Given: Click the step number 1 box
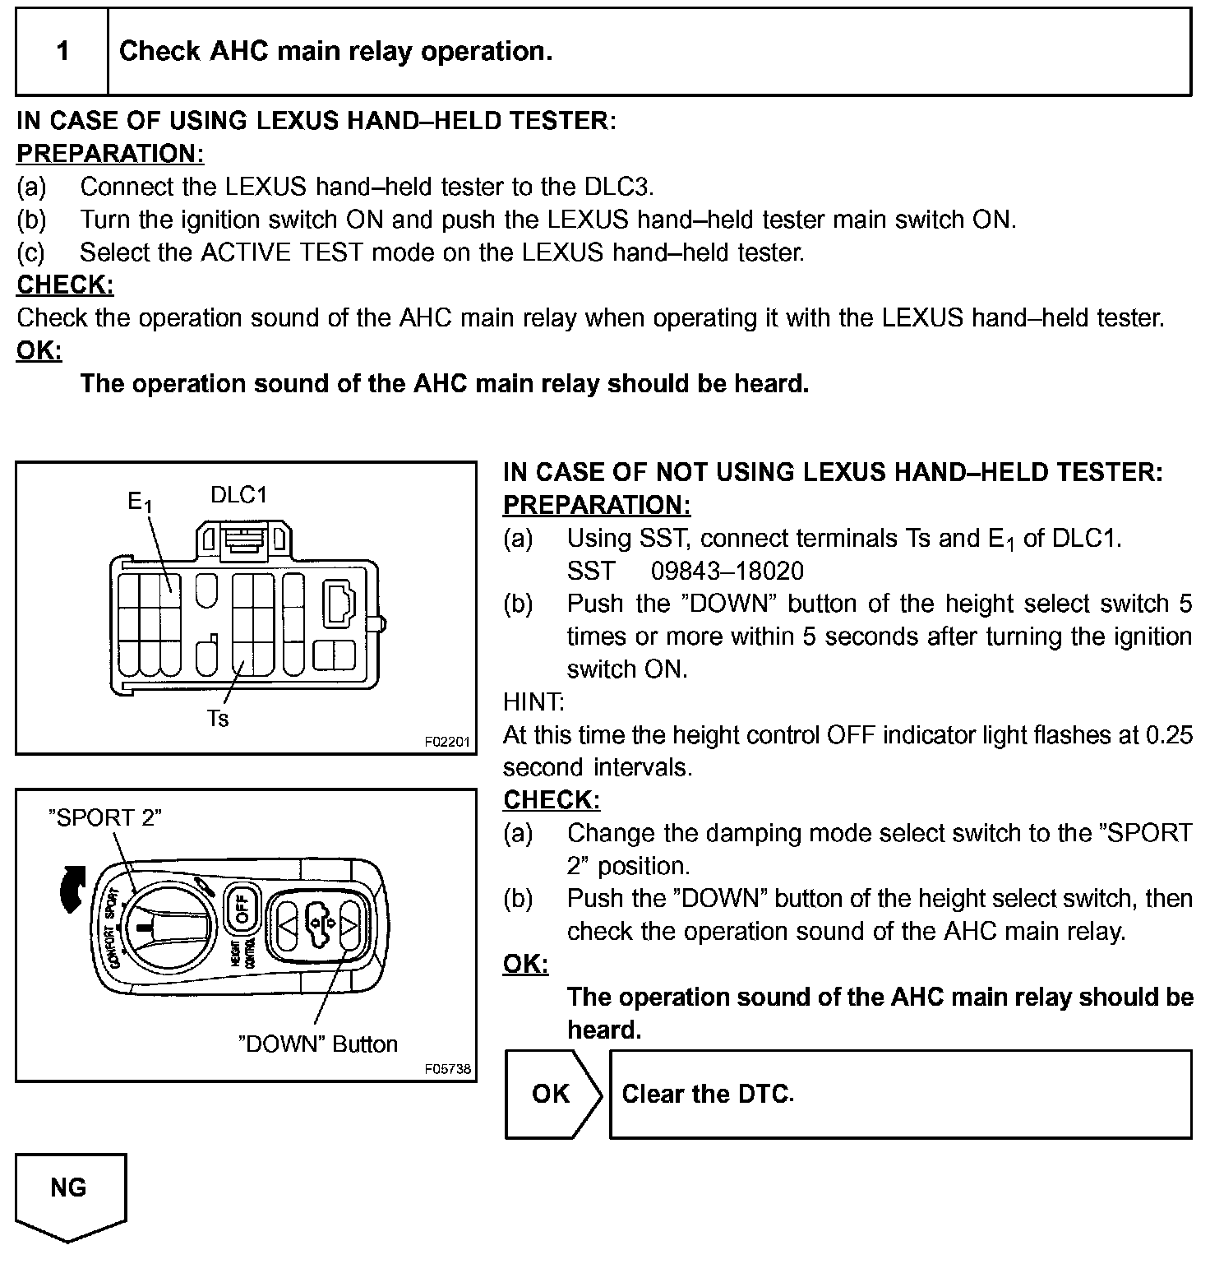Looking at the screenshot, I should point(62,52).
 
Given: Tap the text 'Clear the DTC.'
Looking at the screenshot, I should point(708,1094).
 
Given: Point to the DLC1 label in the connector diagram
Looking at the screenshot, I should point(239,495).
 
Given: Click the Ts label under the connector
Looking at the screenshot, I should point(218,719).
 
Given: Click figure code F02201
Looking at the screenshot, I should point(447,742).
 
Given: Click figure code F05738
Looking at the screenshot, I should point(447,1069).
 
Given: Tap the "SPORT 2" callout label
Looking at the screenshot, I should point(105,817).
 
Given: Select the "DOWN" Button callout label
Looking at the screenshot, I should point(317,1044).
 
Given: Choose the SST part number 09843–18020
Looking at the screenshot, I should point(727,571).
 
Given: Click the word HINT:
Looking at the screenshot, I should point(533,702).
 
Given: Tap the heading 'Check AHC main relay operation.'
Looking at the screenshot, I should point(335,52).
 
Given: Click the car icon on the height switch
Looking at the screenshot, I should point(317,922).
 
